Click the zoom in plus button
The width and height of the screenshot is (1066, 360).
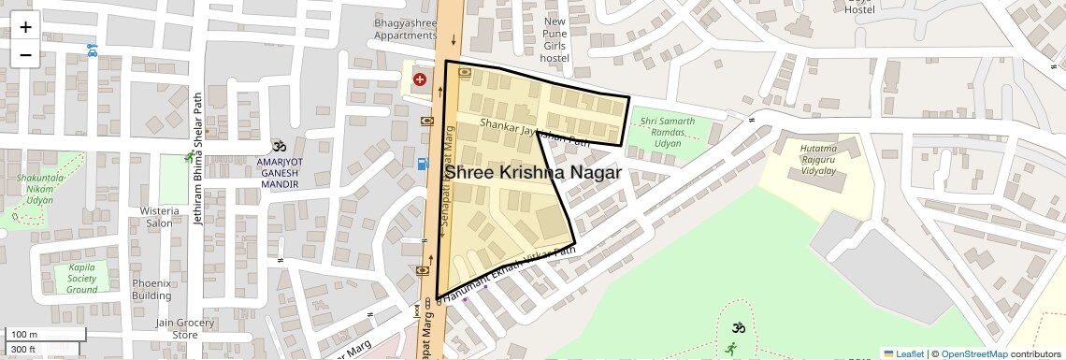point(25,27)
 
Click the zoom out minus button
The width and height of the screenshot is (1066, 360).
point(25,55)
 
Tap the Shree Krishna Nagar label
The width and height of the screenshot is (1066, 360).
point(533,173)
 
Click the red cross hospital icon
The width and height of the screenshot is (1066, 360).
point(420,80)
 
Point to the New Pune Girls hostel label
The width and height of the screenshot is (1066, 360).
point(555,39)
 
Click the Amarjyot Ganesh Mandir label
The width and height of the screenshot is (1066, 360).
point(278,173)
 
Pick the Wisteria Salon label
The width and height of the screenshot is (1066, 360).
point(160,217)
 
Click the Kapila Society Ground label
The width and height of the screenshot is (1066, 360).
point(82,278)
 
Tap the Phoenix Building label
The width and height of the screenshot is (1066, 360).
point(151,289)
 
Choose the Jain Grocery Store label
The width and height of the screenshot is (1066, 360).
point(184,328)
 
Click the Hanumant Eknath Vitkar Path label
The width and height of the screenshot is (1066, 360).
point(510,275)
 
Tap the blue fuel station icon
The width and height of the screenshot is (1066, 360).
point(423,164)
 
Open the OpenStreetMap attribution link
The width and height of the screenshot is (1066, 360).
point(973,353)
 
